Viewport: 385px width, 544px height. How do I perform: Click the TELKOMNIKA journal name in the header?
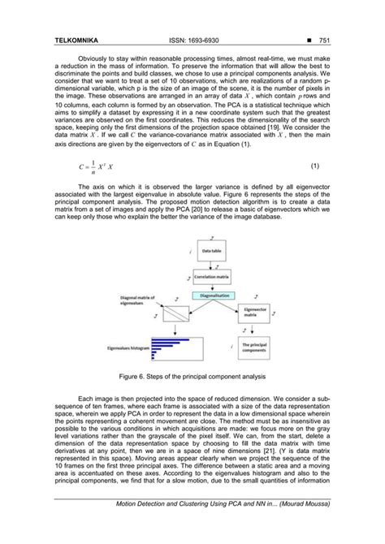pos(76,39)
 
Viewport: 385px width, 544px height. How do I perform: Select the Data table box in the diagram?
pos(212,253)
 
